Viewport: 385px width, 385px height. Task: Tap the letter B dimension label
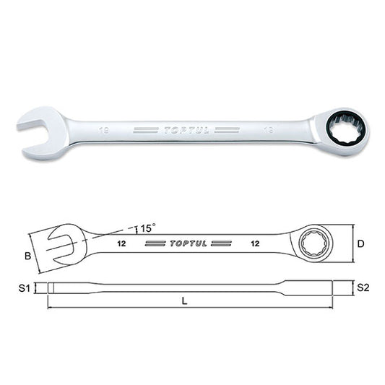pyautogui.click(x=27, y=255)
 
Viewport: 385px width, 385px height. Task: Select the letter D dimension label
pyautogui.click(x=360, y=243)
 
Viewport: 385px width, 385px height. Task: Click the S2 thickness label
pyautogui.click(x=362, y=287)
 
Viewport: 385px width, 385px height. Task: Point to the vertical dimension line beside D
pyautogui.click(x=350, y=243)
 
